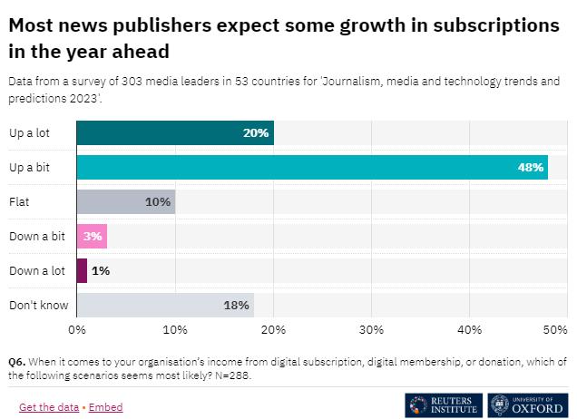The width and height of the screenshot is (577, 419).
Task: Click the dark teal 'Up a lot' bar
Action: point(174,133)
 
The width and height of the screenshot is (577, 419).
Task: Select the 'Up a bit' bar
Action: point(311,168)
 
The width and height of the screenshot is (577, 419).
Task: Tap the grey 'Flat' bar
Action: point(125,201)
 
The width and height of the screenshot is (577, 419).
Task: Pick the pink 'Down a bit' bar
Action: point(92,236)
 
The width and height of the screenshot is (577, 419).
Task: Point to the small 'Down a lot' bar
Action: point(82,270)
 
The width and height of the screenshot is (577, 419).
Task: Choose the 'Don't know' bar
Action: point(164,305)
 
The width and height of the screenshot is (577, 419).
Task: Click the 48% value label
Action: point(531,168)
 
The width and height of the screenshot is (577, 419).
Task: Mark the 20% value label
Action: point(256,133)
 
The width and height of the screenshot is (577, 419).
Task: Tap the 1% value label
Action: point(100,270)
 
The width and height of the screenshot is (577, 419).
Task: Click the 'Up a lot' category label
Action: point(30,133)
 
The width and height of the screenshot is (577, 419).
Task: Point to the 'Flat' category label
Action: point(19,201)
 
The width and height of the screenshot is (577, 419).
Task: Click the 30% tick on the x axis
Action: point(371,330)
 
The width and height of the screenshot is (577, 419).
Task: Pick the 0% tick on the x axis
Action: point(77,330)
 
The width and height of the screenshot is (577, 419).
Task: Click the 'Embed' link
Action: point(105,407)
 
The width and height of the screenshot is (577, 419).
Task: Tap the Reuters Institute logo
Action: point(444,404)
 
